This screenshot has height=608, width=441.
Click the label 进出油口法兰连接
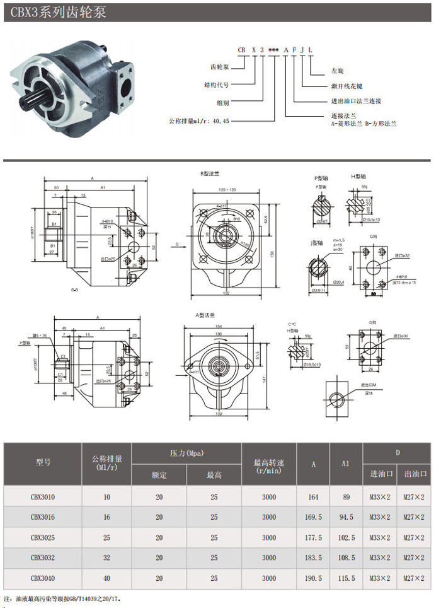356,101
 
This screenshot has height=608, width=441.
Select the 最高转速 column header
268,462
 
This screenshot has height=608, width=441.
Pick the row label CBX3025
43,537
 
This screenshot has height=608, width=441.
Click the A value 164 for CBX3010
313,497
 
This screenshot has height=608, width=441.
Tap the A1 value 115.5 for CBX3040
345,578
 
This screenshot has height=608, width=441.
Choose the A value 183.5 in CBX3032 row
313,558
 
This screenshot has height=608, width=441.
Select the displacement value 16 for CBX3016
106,517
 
